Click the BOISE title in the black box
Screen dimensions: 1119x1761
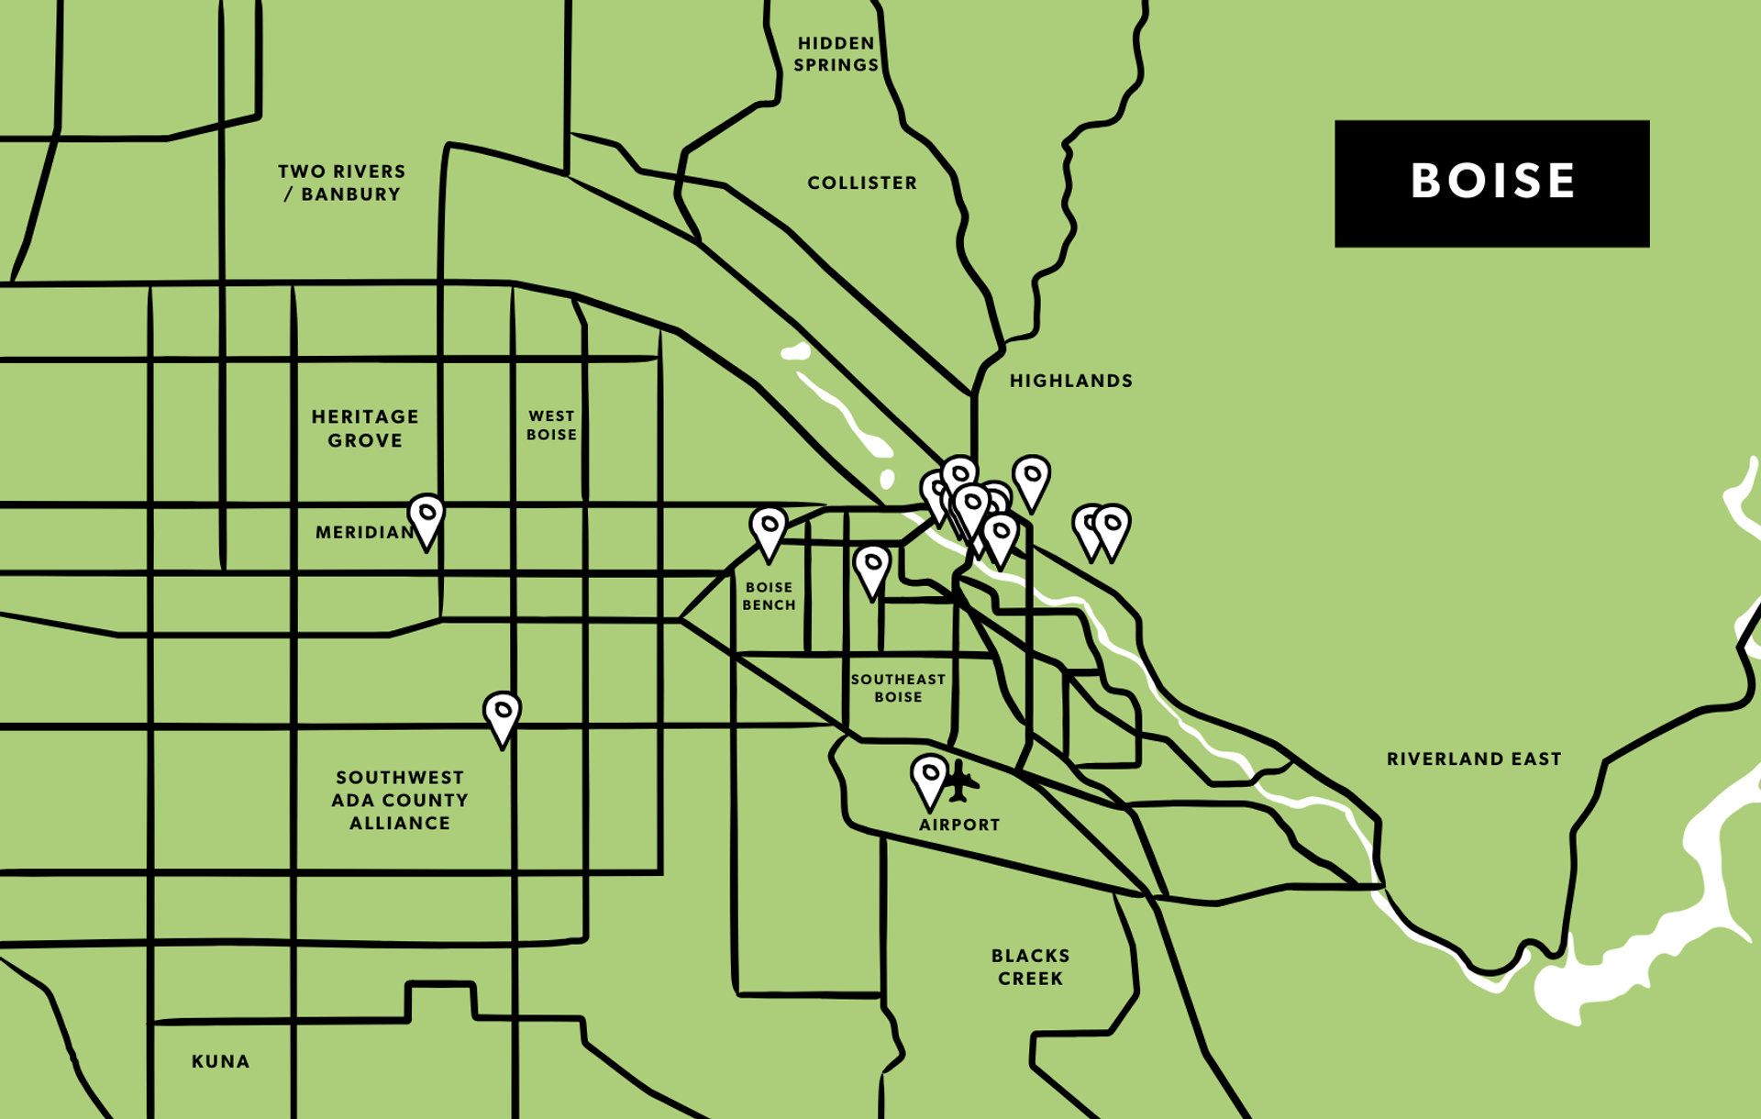pos(1492,182)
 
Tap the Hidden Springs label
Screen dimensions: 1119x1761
pos(836,54)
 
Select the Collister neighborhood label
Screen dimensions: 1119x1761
pos(862,183)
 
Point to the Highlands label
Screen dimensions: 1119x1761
pos(1071,381)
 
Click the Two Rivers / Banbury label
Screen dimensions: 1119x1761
pos(342,183)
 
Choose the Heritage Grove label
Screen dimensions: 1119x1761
pos(365,428)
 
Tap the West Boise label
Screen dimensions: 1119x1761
pos(551,426)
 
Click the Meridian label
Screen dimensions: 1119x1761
pos(363,533)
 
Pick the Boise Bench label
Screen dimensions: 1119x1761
pos(769,596)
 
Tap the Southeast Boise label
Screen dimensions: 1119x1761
pos(897,688)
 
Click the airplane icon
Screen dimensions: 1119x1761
pos(960,781)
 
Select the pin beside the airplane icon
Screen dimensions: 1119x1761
pos(929,778)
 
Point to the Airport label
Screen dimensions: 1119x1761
pos(959,825)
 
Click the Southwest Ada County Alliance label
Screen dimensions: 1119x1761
pos(400,801)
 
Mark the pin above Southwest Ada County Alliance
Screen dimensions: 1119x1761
pos(503,715)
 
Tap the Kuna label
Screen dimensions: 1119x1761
pos(220,1061)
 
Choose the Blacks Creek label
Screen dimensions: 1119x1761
pos(1030,967)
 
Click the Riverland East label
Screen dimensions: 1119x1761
pos(1473,759)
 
